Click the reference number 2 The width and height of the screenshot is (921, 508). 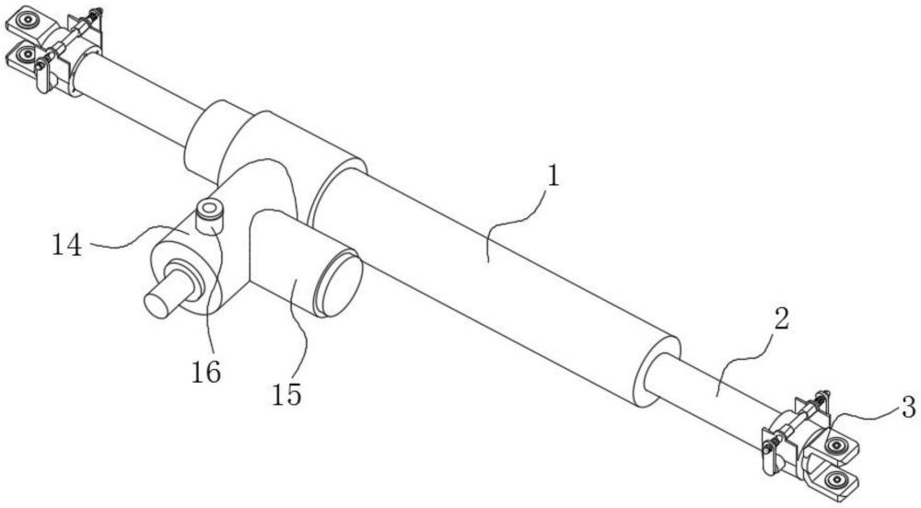point(781,320)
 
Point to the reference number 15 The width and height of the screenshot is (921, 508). point(286,393)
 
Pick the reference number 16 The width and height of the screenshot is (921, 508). point(206,371)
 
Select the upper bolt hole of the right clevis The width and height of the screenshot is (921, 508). point(836,444)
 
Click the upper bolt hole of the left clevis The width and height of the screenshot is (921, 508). point(29,20)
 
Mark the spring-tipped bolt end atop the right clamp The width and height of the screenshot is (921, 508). point(823,395)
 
